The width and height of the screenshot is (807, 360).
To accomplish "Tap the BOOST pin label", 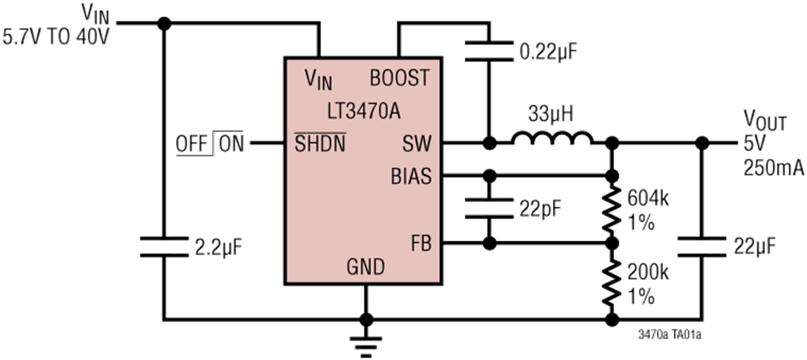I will click(x=400, y=79).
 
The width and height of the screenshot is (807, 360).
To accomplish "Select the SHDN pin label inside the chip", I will click(x=320, y=143).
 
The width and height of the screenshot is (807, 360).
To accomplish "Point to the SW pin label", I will click(x=416, y=143).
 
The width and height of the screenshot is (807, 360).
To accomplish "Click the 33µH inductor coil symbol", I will click(x=552, y=139).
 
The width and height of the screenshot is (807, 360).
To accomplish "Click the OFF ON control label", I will click(x=209, y=143).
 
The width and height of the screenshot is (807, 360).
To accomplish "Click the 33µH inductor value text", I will click(x=551, y=113).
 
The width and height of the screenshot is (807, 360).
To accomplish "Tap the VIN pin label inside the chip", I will click(x=318, y=79).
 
